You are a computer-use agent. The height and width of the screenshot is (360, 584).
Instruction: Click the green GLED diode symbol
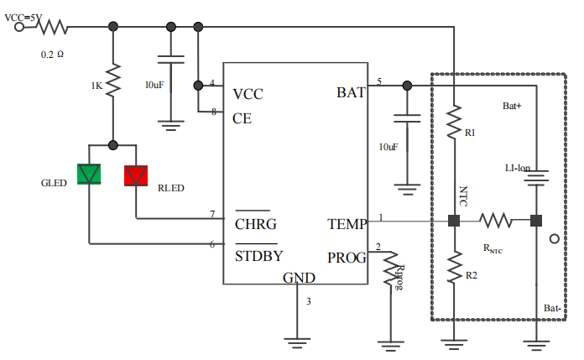click(89, 174)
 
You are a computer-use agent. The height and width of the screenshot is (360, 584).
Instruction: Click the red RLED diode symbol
click(136, 175)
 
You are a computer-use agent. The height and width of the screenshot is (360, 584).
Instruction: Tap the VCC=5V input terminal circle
click(19, 27)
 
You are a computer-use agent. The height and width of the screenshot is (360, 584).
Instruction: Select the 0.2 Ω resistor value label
click(52, 55)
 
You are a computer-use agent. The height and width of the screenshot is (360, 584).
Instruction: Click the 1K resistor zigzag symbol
click(113, 80)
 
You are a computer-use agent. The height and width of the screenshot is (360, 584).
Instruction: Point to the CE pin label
click(242, 118)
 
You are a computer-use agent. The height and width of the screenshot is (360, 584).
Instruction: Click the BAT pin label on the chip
click(352, 92)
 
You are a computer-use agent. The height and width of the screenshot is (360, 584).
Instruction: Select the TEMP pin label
click(347, 224)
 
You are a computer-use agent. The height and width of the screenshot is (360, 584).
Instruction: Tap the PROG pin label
click(347, 258)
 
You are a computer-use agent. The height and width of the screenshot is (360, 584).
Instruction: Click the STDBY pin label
click(258, 256)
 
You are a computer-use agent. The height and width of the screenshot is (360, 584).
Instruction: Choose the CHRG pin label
click(256, 224)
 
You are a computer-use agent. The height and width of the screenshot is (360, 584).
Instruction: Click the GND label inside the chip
click(299, 278)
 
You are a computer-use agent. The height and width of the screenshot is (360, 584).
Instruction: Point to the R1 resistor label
click(470, 133)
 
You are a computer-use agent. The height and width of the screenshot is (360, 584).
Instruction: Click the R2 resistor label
click(472, 275)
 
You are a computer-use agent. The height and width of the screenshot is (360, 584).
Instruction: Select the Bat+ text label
click(512, 106)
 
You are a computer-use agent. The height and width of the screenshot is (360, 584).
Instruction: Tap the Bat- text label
click(552, 308)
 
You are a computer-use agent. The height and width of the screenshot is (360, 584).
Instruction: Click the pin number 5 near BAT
click(379, 81)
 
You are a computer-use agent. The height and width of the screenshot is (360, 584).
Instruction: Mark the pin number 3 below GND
click(309, 301)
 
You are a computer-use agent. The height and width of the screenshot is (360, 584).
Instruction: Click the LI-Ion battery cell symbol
click(536, 177)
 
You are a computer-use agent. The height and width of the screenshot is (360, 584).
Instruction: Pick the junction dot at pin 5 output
click(407, 86)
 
